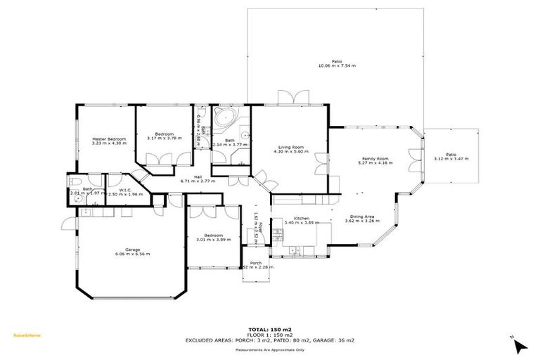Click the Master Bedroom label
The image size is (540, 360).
[x=109, y=139]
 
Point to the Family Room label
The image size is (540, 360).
[x=375, y=159]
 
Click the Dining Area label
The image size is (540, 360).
[x=359, y=216]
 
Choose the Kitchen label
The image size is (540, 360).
[x=302, y=219]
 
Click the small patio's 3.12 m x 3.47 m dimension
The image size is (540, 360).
[x=451, y=158]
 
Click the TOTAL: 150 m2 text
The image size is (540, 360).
[x=269, y=329]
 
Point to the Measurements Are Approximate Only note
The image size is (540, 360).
[x=269, y=349]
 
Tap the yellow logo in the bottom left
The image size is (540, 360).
[x=27, y=335]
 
